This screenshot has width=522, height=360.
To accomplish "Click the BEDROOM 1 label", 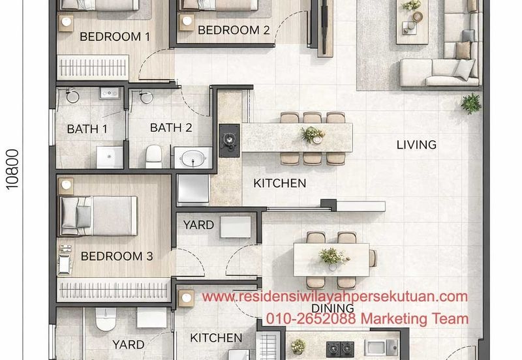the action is click(115, 37).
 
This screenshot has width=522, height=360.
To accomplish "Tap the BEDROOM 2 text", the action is click(234, 30).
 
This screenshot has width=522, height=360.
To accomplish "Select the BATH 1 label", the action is click(87, 128).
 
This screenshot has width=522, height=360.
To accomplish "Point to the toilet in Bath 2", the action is click(154, 157).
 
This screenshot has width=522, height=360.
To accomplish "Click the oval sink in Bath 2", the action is click(193, 158).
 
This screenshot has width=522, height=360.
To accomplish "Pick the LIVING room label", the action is click(416, 145).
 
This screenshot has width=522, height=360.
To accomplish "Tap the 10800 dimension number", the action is click(12, 170).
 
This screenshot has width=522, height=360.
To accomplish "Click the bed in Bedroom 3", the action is click(99, 216).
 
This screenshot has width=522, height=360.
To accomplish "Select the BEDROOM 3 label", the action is click(117, 256).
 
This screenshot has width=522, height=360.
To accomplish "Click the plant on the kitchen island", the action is click(313, 134).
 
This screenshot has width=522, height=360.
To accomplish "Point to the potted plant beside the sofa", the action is click(471, 104).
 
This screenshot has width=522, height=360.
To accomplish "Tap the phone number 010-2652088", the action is click(311, 318).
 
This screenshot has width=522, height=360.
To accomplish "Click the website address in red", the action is click(335, 297).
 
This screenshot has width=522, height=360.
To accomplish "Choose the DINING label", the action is click(333, 308).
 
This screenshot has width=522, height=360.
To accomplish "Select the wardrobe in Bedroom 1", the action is click(93, 68).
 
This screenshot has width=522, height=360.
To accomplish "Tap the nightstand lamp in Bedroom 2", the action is click(187, 22).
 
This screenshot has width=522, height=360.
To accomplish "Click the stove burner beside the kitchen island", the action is click(230, 140).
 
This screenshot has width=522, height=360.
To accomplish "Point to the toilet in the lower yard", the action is click(106, 319).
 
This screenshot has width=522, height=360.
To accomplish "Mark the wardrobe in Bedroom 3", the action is click(114, 290).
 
